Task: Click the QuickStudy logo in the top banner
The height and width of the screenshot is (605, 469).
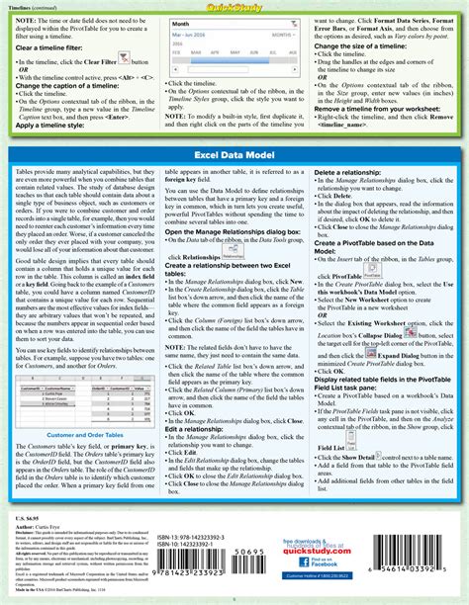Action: (x=234, y=8)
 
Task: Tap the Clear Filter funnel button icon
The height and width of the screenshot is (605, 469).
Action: (x=124, y=59)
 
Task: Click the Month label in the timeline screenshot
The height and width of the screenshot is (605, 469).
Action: (x=180, y=22)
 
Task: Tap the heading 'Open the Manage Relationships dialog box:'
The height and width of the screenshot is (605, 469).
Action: (x=224, y=259)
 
